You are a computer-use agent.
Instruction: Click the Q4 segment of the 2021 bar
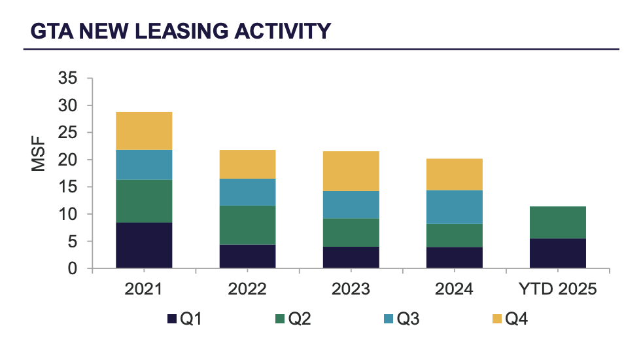pos(144,131)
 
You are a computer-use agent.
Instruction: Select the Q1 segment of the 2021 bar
pos(144,245)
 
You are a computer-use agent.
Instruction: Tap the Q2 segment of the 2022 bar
pos(247,225)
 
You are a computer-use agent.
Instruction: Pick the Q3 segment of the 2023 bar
pos(351,204)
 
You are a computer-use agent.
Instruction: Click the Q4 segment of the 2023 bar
pos(351,171)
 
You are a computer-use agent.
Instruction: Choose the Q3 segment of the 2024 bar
pos(454,207)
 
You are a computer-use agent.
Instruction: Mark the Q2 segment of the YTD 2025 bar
pos(557,223)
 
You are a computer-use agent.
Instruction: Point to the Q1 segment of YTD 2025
pos(557,253)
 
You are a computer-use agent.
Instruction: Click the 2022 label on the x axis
pos(247,289)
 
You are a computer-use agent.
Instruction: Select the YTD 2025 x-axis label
pos(557,289)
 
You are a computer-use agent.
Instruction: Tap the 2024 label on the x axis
pos(454,289)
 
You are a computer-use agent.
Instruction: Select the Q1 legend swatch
pos(172,319)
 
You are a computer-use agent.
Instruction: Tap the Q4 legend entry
pos(513,319)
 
